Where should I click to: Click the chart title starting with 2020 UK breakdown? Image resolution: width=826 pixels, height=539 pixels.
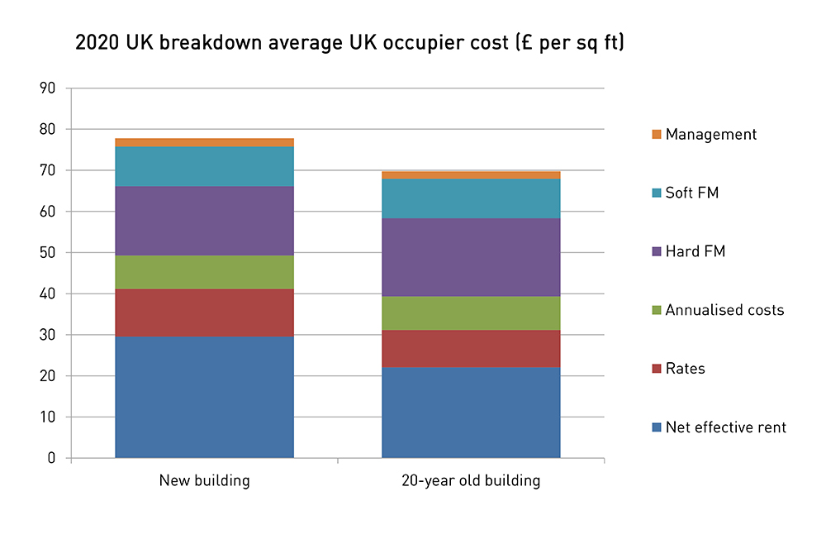[349, 44]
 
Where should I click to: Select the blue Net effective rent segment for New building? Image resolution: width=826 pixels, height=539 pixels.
[204, 397]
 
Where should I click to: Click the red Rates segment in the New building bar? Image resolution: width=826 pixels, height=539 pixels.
[204, 312]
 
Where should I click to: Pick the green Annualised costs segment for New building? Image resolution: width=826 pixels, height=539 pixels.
[204, 272]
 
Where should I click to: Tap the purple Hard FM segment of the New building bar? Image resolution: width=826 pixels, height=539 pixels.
[204, 221]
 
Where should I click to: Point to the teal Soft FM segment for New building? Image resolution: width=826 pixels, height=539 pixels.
[204, 166]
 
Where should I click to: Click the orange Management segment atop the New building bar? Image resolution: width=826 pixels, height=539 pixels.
[204, 142]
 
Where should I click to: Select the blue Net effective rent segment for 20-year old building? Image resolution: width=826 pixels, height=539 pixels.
[471, 413]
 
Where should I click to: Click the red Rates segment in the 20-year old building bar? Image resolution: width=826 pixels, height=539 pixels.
[471, 349]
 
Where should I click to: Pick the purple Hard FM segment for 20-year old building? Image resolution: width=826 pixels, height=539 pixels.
[471, 257]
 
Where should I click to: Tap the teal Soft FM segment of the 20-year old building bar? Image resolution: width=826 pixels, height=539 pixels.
[471, 198]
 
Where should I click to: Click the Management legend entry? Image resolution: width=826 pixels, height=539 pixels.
[710, 134]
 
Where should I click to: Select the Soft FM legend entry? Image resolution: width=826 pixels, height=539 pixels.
[692, 193]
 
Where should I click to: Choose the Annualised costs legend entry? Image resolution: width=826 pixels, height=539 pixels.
[724, 310]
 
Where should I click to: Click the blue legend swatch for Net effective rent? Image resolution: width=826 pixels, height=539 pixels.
[657, 427]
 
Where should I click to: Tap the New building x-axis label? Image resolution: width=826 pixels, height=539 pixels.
[204, 480]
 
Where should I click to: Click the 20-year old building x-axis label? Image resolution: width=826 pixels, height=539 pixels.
[471, 480]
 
